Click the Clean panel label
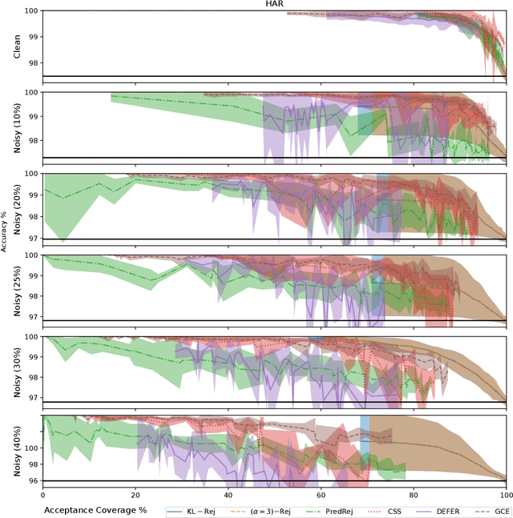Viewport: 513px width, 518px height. [x=18, y=44]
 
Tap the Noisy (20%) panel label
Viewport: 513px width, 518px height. [x=18, y=207]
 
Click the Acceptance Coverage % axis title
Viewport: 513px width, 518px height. [x=99, y=509]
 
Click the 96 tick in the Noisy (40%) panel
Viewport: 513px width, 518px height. [x=32, y=481]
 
